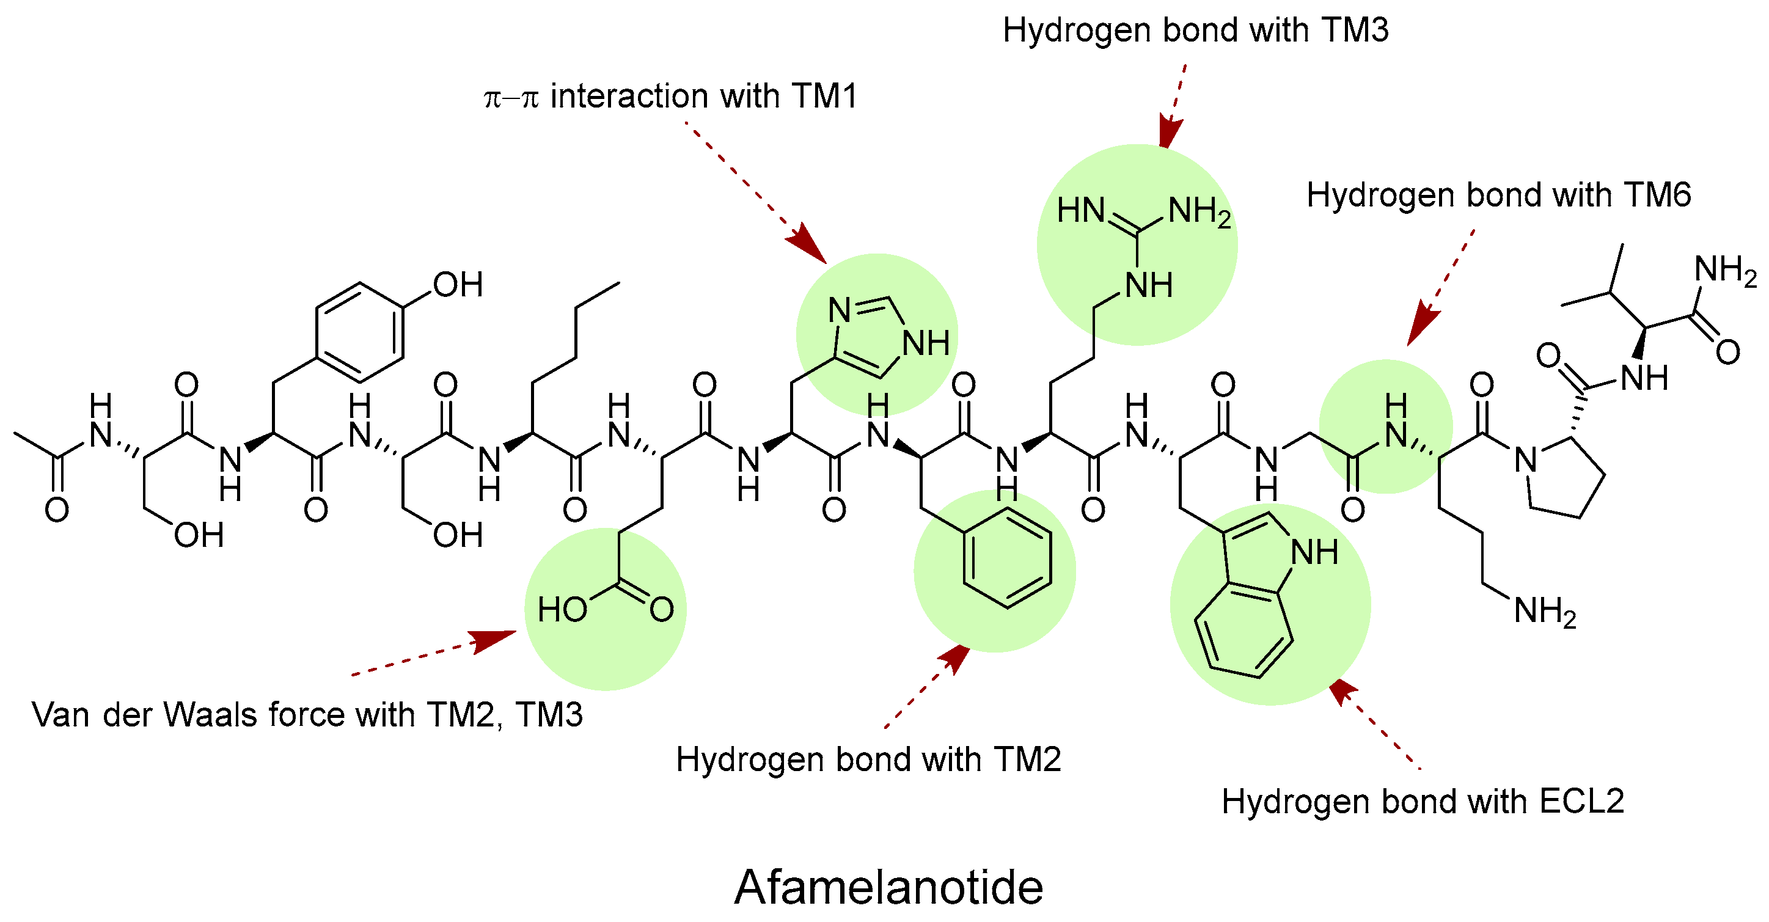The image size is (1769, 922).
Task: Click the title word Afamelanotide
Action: [x=888, y=887]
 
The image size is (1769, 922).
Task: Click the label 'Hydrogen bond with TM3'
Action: [x=1196, y=30]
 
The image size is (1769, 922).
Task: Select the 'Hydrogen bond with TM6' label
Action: [x=1498, y=195]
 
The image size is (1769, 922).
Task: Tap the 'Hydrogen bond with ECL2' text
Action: [x=1423, y=801]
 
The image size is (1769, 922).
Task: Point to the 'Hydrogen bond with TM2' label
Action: [x=869, y=759]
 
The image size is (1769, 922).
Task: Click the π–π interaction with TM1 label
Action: [x=671, y=96]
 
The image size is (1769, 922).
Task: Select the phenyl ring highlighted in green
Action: [x=1008, y=557]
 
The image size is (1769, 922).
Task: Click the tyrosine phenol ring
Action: [x=359, y=332]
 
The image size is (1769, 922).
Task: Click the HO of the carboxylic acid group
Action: [x=562, y=610]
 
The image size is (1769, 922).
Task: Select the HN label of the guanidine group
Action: [x=1080, y=211]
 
